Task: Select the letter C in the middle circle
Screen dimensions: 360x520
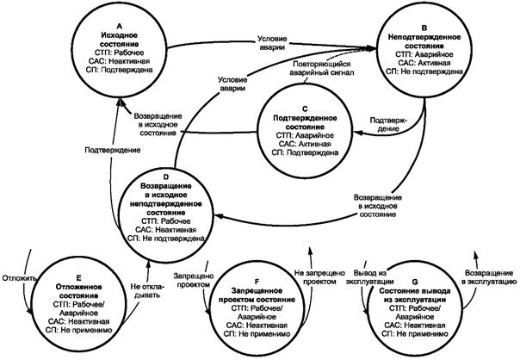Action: click(308, 108)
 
